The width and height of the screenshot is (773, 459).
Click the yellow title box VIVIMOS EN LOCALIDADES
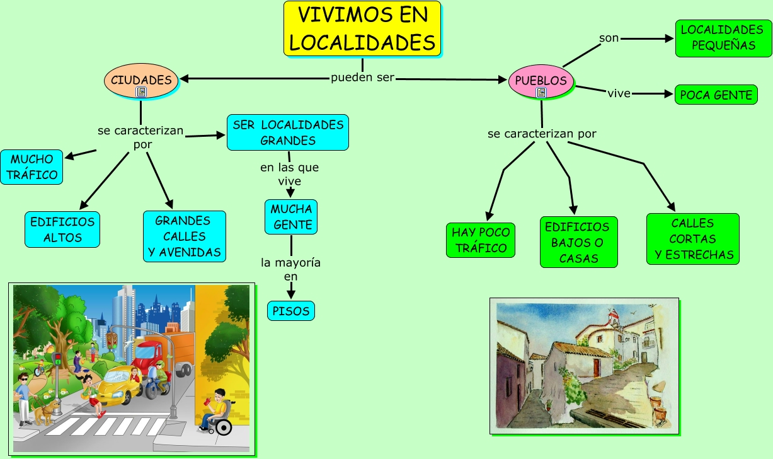tap(362, 29)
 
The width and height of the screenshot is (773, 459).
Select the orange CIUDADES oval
tap(141, 80)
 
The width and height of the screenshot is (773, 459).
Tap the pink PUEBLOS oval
tap(541, 81)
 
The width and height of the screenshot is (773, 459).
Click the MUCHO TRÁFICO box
tap(31, 167)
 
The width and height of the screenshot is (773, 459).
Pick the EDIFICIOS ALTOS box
tap(62, 229)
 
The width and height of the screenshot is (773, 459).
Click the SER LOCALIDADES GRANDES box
tap(288, 132)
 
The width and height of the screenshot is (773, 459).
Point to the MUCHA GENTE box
tap(291, 216)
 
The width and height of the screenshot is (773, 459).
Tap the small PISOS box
tap(290, 311)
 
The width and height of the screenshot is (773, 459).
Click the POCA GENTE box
tap(716, 95)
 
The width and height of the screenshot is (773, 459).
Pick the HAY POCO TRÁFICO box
tap(481, 240)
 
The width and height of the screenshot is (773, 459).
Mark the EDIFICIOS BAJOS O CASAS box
tap(578, 242)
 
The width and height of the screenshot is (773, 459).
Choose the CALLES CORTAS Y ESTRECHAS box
tap(692, 239)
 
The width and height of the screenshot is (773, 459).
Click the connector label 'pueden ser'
tap(362, 78)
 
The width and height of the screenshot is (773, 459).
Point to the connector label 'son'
tap(609, 38)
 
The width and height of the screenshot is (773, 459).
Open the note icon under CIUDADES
tap(141, 92)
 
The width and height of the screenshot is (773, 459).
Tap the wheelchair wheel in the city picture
tap(224, 427)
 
